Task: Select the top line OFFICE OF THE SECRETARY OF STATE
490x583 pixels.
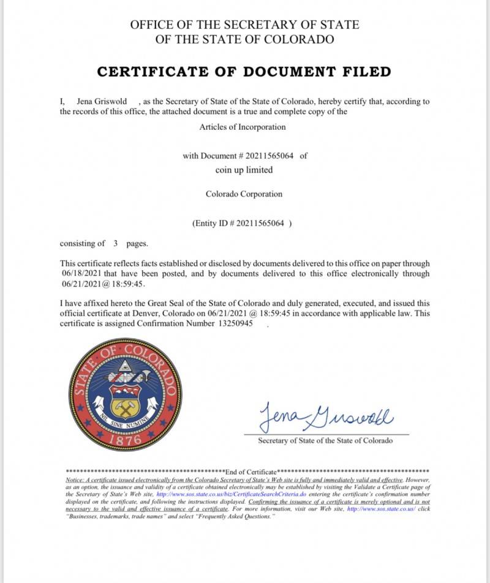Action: [x=244, y=25]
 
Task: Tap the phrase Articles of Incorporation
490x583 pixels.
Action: [x=243, y=127]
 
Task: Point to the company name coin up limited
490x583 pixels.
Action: [x=244, y=170]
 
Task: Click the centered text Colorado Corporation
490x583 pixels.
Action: [x=244, y=194]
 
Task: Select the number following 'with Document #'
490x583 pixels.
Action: [x=269, y=156]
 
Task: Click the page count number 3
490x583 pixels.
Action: [x=115, y=244]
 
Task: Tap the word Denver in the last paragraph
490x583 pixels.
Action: [x=168, y=313]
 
